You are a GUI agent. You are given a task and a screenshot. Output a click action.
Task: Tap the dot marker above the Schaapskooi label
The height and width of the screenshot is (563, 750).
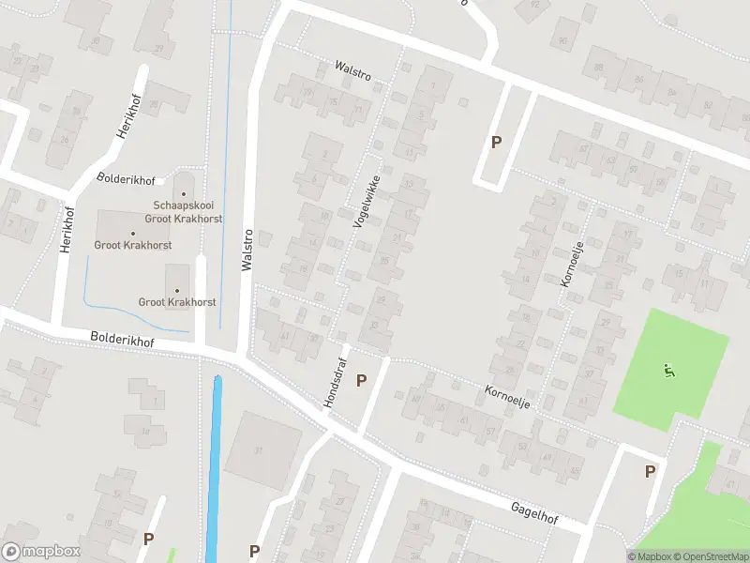coord(184,193)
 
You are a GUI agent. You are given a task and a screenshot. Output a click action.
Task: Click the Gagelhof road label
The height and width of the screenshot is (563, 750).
coord(533,511)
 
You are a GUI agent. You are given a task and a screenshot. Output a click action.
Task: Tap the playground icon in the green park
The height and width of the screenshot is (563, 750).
coord(668,371)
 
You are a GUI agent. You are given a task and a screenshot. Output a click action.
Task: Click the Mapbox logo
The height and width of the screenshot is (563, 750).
coord(41,552)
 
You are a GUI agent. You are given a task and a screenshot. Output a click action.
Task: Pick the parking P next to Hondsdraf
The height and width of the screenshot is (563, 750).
coord(361,380)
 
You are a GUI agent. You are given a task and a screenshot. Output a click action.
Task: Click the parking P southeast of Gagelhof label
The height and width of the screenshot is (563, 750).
coord(650,471)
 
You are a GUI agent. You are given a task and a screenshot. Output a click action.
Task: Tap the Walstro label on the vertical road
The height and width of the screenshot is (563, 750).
coord(247,251)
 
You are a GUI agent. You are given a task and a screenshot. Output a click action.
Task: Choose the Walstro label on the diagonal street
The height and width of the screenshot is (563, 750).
coord(352,69)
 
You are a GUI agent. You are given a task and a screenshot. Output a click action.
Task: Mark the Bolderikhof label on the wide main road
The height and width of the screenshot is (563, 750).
coord(122,339)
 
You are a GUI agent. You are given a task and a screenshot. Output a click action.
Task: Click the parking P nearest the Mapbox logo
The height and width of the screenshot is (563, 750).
coord(148,539)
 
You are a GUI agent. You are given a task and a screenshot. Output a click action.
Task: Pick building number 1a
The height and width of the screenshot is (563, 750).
coord(146,432)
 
